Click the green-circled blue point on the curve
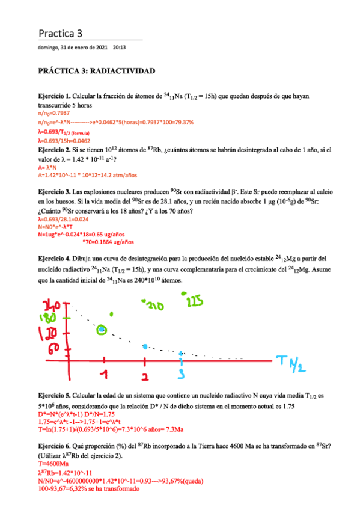102,329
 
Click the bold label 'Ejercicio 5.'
55,396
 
